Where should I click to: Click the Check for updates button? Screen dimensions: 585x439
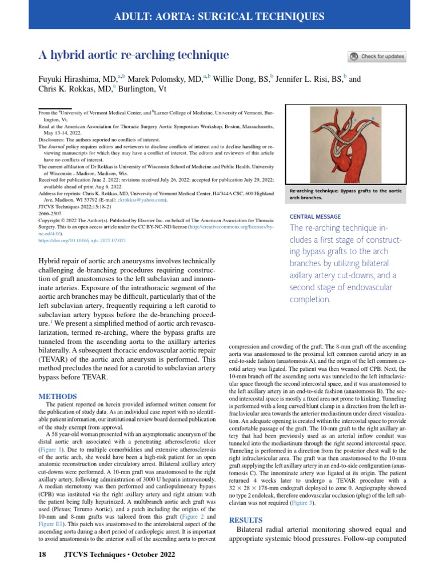(377, 57)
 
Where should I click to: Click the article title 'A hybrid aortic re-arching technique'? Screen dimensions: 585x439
(133, 55)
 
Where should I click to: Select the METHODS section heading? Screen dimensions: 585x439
(57, 396)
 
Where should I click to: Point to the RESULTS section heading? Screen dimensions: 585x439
(246, 520)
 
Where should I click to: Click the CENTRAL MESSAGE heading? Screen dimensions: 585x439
(316, 217)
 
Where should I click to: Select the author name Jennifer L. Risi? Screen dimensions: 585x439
(308, 79)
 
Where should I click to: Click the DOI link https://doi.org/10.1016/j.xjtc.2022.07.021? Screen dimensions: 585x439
(82, 241)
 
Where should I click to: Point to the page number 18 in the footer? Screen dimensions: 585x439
(42, 555)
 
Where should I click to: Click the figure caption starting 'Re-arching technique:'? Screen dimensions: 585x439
(345, 194)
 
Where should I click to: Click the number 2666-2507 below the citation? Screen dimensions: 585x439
(50, 213)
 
